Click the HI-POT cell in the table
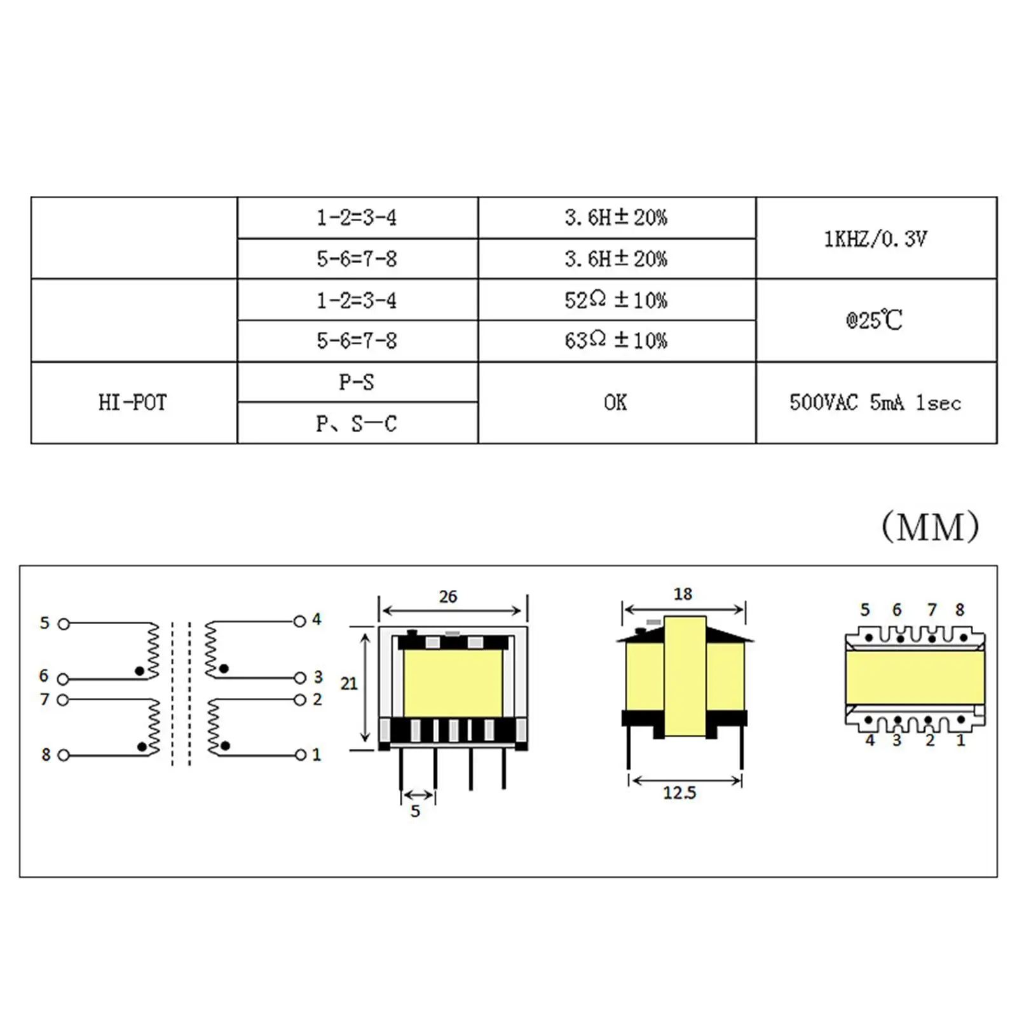(x=133, y=402)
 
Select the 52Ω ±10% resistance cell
(x=615, y=299)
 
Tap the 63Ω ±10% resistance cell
(x=615, y=341)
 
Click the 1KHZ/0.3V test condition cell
(x=875, y=238)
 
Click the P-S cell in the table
(x=357, y=382)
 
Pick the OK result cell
(x=615, y=402)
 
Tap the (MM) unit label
(x=930, y=527)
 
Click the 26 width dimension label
(x=448, y=596)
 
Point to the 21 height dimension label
(x=349, y=683)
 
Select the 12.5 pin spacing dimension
(x=679, y=793)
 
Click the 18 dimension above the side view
(x=683, y=594)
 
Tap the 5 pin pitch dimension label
(x=415, y=811)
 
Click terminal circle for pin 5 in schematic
(x=64, y=624)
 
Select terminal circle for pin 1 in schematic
(x=301, y=755)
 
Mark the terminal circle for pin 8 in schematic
(x=64, y=755)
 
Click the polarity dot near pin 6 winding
(x=139, y=671)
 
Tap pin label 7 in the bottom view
(x=932, y=610)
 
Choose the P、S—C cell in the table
(x=357, y=423)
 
